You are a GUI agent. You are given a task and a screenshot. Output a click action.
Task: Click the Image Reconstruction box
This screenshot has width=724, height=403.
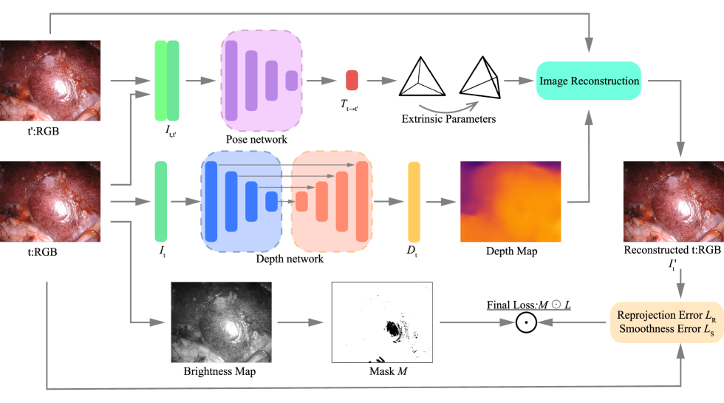coord(588,81)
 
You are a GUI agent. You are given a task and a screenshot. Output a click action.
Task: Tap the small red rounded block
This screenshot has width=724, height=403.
coord(352,80)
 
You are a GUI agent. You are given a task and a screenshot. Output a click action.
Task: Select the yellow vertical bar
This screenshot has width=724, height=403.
coord(414,201)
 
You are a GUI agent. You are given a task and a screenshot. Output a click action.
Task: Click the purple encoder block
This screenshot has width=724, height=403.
coord(262,81)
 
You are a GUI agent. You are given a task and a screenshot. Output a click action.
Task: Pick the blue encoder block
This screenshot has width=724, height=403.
coord(242,201)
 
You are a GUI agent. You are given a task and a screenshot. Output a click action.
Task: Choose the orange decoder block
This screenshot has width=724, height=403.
coord(332,201)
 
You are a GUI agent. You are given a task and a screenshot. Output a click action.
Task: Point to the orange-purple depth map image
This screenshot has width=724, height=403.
coord(510,201)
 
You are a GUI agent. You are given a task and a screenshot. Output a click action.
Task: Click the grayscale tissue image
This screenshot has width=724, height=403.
coord(221,322)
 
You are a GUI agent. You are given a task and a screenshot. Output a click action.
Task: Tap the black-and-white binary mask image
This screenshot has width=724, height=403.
coord(382,322)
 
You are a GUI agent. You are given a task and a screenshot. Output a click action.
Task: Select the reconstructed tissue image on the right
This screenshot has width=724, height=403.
coord(673,201)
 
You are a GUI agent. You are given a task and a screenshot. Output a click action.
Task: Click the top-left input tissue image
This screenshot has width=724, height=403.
coord(50,80)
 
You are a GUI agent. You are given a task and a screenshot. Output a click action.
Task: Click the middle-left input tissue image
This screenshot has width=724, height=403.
coord(50,201)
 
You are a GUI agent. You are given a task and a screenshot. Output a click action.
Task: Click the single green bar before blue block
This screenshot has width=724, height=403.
coord(160,201)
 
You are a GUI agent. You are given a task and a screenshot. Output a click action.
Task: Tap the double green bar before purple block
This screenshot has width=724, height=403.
coord(167,80)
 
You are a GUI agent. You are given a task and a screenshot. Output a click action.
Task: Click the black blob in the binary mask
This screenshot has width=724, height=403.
coord(389,326)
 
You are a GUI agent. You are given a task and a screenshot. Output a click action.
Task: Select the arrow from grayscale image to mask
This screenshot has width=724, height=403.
coord(301,322)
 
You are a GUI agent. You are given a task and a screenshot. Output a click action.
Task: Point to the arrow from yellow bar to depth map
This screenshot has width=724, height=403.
coord(440,201)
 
